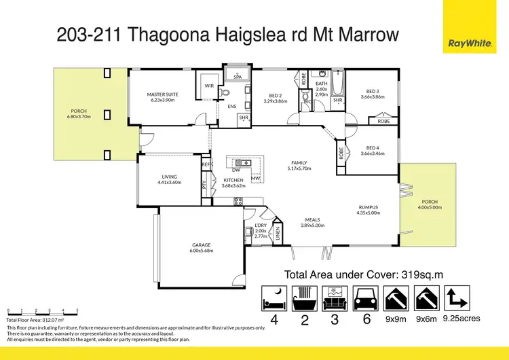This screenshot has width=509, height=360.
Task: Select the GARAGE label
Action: [x=201, y=245]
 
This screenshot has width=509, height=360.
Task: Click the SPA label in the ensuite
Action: [x=238, y=77]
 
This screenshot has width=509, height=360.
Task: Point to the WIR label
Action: [x=208, y=86]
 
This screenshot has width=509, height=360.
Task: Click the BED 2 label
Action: [x=276, y=96]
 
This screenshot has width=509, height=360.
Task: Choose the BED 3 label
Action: [x=373, y=91]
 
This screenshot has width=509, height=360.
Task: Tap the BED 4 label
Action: [x=373, y=148]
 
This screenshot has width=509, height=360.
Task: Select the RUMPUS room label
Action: [x=368, y=207]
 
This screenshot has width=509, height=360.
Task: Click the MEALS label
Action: [x=312, y=220]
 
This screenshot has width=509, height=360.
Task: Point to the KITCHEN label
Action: [x=233, y=180]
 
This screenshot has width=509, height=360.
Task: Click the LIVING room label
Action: [x=169, y=177]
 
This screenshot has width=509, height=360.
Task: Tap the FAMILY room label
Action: [x=299, y=162]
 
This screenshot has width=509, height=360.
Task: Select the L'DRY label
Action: [x=260, y=225]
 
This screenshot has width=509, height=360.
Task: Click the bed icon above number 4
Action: [x=273, y=298]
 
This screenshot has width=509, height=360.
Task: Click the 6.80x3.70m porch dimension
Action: [x=80, y=117]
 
